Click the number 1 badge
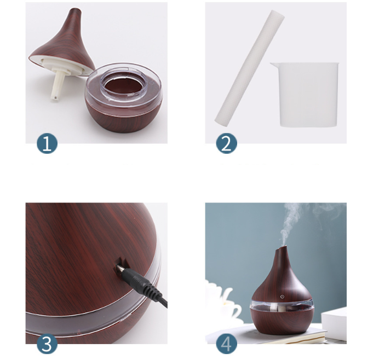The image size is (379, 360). pos(47,143)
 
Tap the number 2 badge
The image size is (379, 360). pos(226,143)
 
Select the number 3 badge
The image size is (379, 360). pos(47,344)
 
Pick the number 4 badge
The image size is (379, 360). pos(226,344)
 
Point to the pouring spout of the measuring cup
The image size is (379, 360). pos(272,65)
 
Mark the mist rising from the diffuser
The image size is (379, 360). pos(293,224)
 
